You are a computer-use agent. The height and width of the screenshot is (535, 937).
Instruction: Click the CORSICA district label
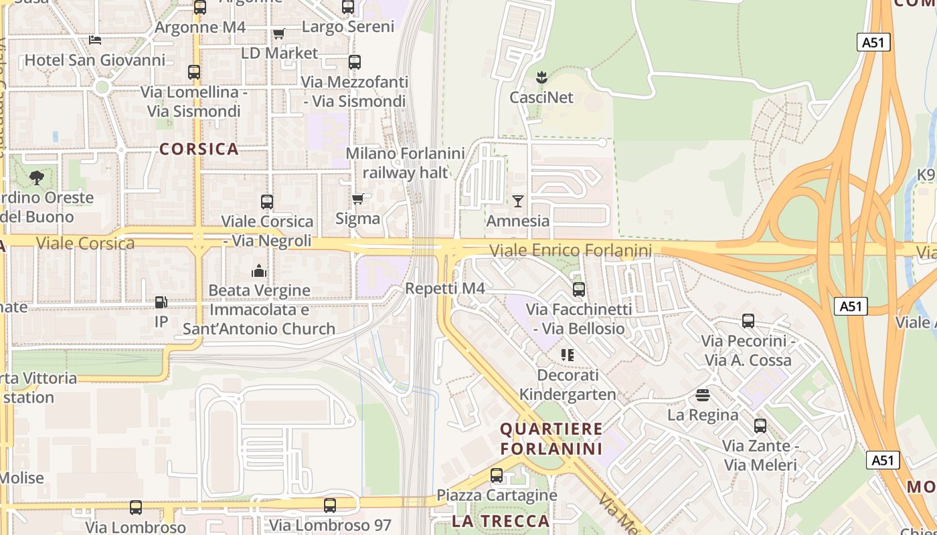pos(199,149)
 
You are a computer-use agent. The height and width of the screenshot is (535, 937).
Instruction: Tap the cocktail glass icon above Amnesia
pos(518,201)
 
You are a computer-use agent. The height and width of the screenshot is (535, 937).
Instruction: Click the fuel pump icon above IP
pos(161,302)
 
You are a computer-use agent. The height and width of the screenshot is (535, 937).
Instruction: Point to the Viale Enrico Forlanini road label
pos(570,251)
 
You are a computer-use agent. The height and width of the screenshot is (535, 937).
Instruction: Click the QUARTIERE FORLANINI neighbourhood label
pos(551,439)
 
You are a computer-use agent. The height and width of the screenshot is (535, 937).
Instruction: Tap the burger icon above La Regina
pos(703,395)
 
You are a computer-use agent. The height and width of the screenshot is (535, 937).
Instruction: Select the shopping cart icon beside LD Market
pos(278,33)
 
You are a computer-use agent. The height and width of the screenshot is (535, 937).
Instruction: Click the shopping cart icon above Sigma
pos(357,199)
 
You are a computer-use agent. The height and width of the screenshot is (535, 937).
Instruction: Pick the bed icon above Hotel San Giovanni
pos(95,40)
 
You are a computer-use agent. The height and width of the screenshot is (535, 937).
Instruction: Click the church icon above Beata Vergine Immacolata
pos(259,271)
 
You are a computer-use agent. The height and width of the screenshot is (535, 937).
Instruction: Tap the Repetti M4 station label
pos(444,289)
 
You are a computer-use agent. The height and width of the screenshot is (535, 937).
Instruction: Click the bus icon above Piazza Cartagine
pos(497,475)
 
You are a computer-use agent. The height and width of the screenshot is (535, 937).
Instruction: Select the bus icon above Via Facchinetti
pos(579,290)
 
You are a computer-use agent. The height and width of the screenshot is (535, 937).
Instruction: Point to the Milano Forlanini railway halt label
pos(405,163)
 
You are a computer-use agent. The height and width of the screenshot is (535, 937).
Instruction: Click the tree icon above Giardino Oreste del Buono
pos(37,177)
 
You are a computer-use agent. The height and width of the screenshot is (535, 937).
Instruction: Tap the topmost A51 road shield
pos(873,43)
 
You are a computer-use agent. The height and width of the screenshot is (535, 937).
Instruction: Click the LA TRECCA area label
pos(501,521)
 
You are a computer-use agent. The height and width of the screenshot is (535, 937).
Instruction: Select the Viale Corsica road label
pos(85,243)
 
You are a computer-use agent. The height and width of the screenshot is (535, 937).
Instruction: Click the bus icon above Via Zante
pos(760,426)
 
